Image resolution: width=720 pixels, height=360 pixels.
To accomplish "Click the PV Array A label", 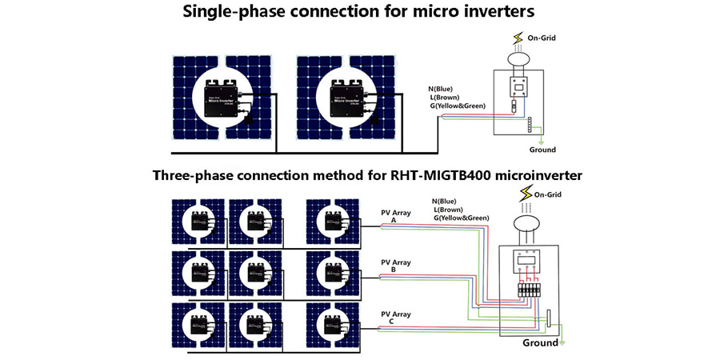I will coord(395,216).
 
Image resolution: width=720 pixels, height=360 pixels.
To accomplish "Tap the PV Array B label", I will coord(395,265).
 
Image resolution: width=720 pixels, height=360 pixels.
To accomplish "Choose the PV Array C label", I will coord(395,318).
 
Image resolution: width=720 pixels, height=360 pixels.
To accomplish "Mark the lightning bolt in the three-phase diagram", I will coord(526,194).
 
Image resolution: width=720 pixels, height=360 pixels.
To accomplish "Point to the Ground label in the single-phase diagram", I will coord(542,150).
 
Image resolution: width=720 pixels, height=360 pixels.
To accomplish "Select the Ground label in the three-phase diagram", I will coord(541,342).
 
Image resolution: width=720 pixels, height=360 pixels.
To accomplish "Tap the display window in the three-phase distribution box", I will coord(525,261).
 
